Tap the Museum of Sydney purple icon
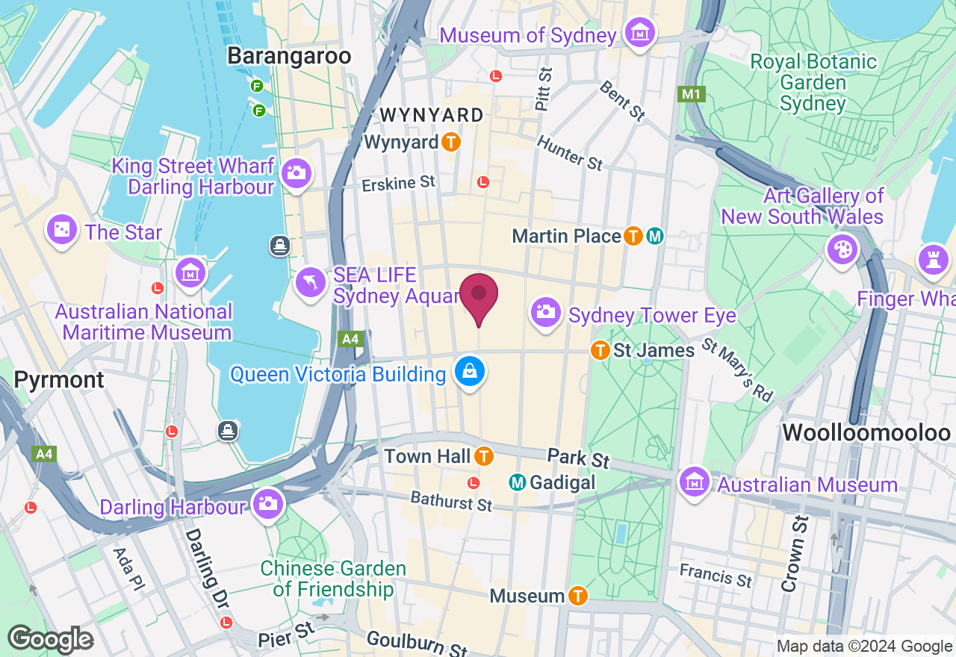pyautogui.click(x=640, y=34)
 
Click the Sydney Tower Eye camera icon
pyautogui.click(x=546, y=311)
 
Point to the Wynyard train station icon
pyautogui.click(x=450, y=141)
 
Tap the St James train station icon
pyautogui.click(x=600, y=349)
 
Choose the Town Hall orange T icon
pyautogui.click(x=484, y=455)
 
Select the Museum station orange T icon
pyautogui.click(x=577, y=596)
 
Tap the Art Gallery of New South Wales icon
pyautogui.click(x=842, y=249)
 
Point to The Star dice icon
pyautogui.click(x=61, y=229)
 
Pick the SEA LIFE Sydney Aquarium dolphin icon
pyautogui.click(x=311, y=283)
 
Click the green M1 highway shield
pyautogui.click(x=691, y=94)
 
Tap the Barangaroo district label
pyautogui.click(x=288, y=56)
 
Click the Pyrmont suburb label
pyautogui.click(x=59, y=379)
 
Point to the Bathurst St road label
pyautogui.click(x=451, y=500)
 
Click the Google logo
pyautogui.click(x=50, y=639)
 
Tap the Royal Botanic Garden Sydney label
pyautogui.click(x=813, y=82)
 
